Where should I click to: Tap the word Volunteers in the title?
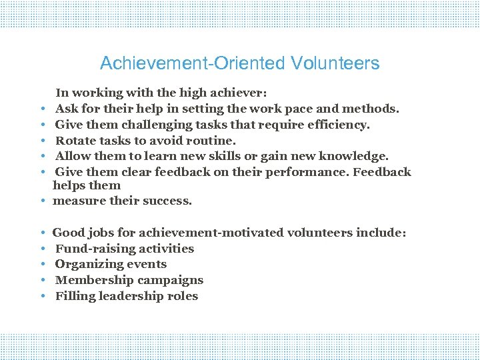click(x=335, y=64)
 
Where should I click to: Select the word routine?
click(x=211, y=140)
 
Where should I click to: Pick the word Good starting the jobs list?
click(x=68, y=233)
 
